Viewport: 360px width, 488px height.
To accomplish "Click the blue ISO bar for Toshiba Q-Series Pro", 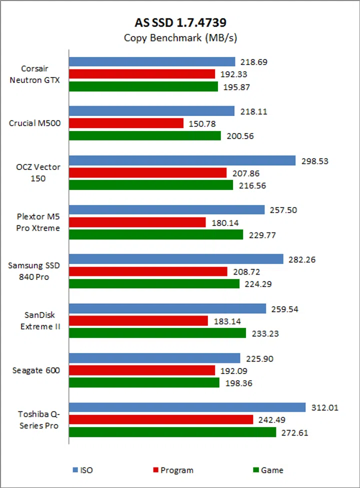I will click(187, 407).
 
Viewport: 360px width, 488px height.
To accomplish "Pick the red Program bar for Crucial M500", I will click(126, 123).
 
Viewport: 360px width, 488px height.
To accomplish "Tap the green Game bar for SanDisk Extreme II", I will click(157, 332).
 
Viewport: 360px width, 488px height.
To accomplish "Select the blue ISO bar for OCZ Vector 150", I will click(182, 160).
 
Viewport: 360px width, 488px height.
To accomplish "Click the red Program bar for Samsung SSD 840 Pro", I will click(148, 271).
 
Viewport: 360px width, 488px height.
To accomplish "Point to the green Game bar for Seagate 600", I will click(144, 382).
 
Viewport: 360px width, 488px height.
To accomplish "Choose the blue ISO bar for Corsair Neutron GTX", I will click(152, 61).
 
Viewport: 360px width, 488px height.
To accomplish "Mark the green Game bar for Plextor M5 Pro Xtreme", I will click(155, 234).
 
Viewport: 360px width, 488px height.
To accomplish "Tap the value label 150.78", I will click(201, 123).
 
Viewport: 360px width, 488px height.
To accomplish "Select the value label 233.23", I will click(263, 332).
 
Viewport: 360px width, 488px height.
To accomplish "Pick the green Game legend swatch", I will click(256, 470).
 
